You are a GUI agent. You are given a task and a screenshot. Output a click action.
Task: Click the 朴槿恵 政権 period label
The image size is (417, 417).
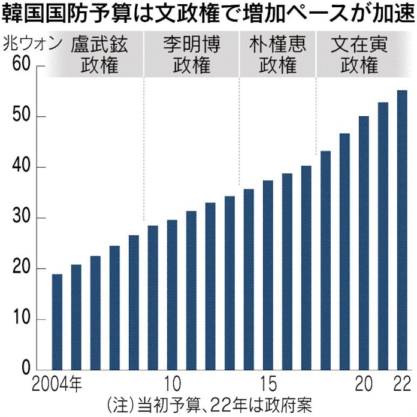[277, 54]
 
